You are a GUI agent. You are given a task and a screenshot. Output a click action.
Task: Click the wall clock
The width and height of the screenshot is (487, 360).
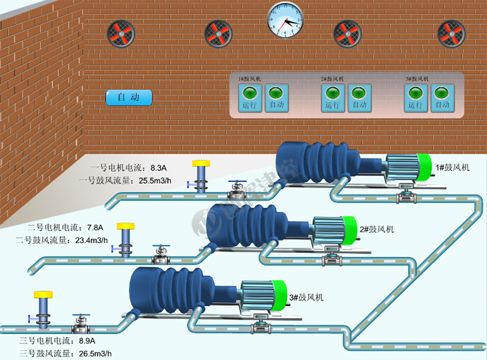click(x=285, y=19)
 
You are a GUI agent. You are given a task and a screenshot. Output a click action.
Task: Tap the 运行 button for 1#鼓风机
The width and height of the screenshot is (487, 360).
click(x=250, y=98)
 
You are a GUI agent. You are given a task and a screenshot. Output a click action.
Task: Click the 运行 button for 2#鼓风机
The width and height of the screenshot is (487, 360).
click(x=332, y=98)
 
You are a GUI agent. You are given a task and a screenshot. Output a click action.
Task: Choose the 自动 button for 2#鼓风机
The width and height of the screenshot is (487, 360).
click(x=359, y=98)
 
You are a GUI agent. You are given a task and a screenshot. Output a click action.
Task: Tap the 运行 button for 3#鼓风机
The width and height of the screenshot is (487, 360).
click(x=416, y=98)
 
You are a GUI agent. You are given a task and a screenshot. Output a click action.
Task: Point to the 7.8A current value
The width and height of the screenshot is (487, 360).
click(x=96, y=227)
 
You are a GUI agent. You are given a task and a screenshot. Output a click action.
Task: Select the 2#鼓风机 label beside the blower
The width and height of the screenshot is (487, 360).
click(x=377, y=229)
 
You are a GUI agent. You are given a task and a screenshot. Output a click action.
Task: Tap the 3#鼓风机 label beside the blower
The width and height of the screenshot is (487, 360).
click(x=306, y=297)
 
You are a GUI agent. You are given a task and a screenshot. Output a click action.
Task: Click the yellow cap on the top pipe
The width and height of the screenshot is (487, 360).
click(x=201, y=163)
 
